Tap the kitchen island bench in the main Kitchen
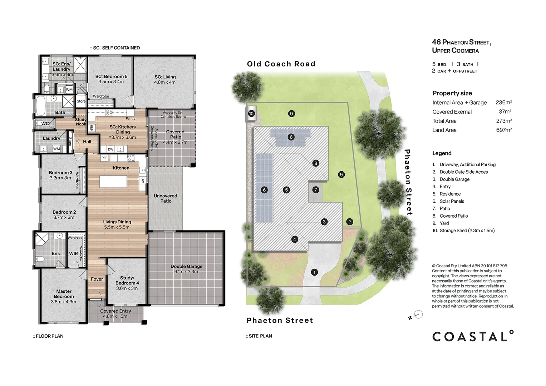click(x=113, y=182)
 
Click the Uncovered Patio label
click(x=166, y=198)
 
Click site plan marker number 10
click(x=251, y=114)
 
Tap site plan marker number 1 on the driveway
click(x=314, y=272)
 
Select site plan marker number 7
click(x=316, y=190)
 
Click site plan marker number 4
click(x=295, y=239)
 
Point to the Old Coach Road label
click(x=281, y=64)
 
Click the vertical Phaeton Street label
click(x=408, y=182)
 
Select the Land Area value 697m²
click(x=504, y=130)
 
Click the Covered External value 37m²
click(x=505, y=112)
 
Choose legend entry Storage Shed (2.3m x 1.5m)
click(x=467, y=231)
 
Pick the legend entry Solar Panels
click(x=452, y=201)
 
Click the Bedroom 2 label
click(x=64, y=214)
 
